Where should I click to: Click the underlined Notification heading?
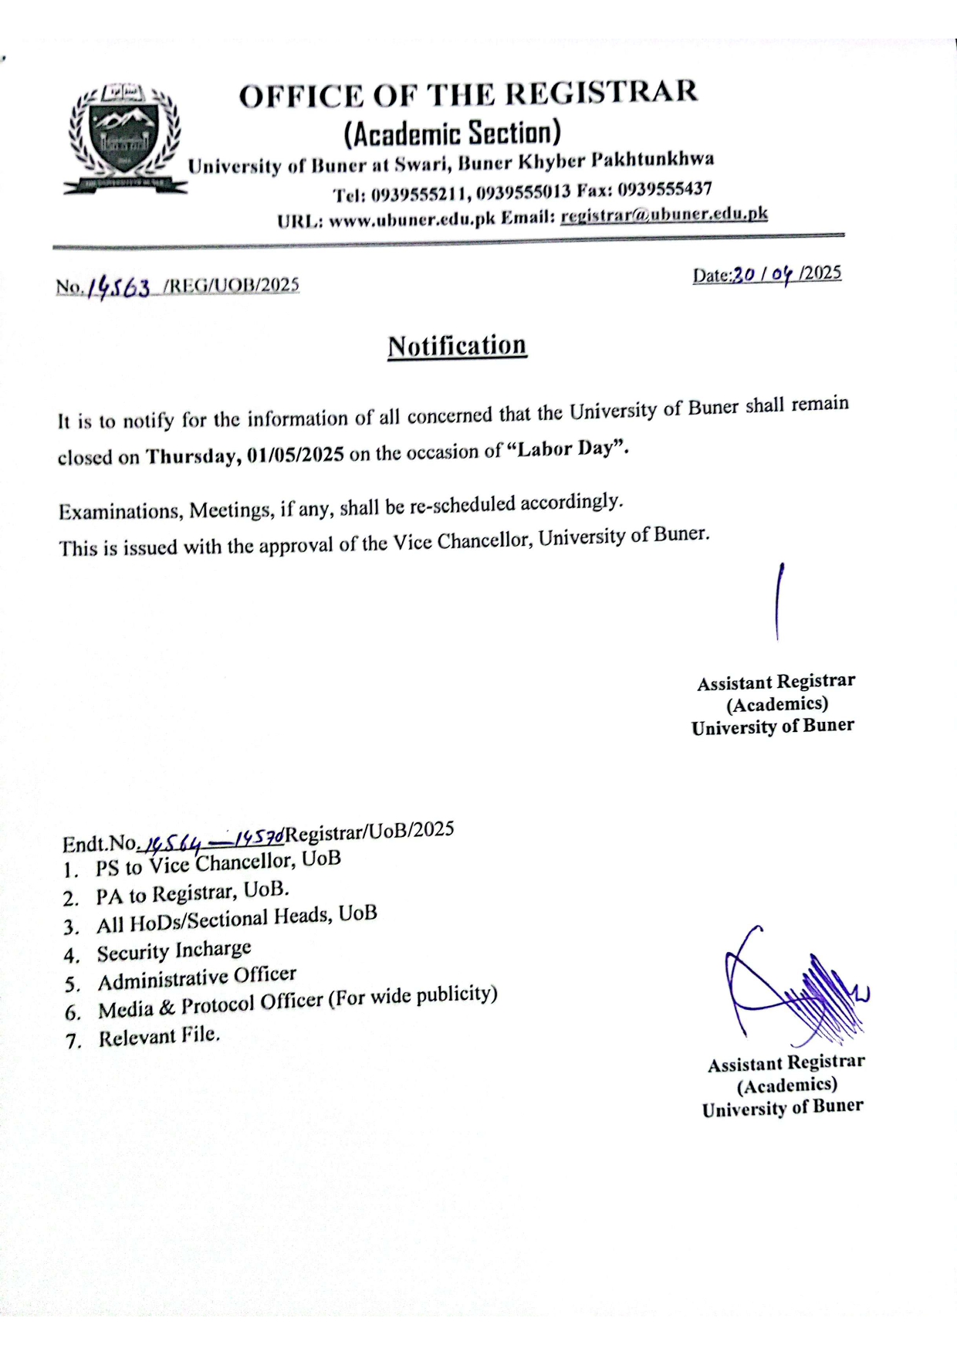(x=457, y=346)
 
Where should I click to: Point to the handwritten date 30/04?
(x=765, y=275)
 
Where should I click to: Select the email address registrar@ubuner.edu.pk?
(x=664, y=215)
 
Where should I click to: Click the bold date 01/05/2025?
(x=296, y=455)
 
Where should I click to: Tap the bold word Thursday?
(x=192, y=456)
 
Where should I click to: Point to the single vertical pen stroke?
(x=779, y=602)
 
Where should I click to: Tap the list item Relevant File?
(x=159, y=1036)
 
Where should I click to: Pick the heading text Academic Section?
(x=451, y=133)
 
